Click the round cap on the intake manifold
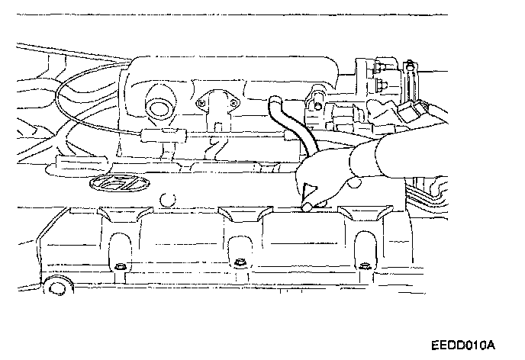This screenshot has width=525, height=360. (159, 107)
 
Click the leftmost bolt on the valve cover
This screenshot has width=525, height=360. (120, 266)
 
